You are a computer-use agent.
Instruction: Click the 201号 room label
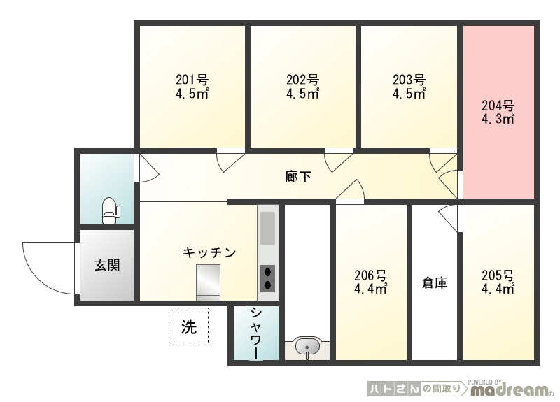tap(192, 80)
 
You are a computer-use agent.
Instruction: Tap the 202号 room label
tap(302, 80)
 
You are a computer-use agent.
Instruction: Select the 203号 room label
tap(409, 80)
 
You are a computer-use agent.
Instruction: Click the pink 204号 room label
tap(498, 106)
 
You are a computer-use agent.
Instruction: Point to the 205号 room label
tap(498, 275)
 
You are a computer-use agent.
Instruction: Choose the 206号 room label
tap(370, 275)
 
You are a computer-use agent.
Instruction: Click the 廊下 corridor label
tap(298, 177)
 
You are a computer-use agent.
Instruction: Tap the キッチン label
tap(209, 252)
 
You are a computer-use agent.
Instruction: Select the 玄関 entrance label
tap(107, 265)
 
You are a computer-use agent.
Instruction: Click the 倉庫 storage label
tap(435, 283)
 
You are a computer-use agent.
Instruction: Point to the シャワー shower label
tap(256, 333)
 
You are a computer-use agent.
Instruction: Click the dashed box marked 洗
tap(188, 326)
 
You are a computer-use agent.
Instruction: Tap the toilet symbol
tap(111, 210)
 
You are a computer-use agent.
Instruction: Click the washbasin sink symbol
tap(307, 346)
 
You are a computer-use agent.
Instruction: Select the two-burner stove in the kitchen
tap(267, 278)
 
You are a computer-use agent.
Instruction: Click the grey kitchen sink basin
tap(267, 229)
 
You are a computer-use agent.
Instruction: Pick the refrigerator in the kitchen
tap(208, 282)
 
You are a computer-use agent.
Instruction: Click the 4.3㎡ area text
tap(498, 119)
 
